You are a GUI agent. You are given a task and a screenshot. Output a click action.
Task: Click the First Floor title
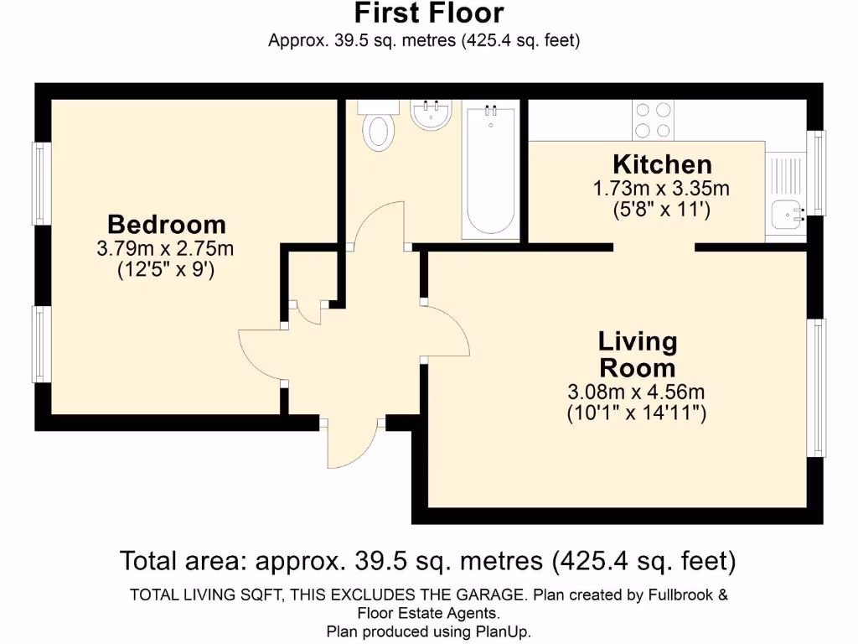(428, 13)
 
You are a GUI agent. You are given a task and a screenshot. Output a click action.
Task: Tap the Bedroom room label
(167, 225)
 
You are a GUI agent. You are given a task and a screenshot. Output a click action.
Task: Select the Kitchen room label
(662, 164)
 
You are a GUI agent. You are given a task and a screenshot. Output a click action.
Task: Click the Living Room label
(637, 355)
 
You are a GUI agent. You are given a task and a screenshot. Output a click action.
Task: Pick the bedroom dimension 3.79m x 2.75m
(166, 249)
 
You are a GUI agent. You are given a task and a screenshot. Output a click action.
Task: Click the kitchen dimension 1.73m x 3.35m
(662, 189)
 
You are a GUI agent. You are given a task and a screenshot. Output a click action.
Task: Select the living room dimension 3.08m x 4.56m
(637, 392)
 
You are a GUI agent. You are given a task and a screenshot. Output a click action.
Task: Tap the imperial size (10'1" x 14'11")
(637, 413)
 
